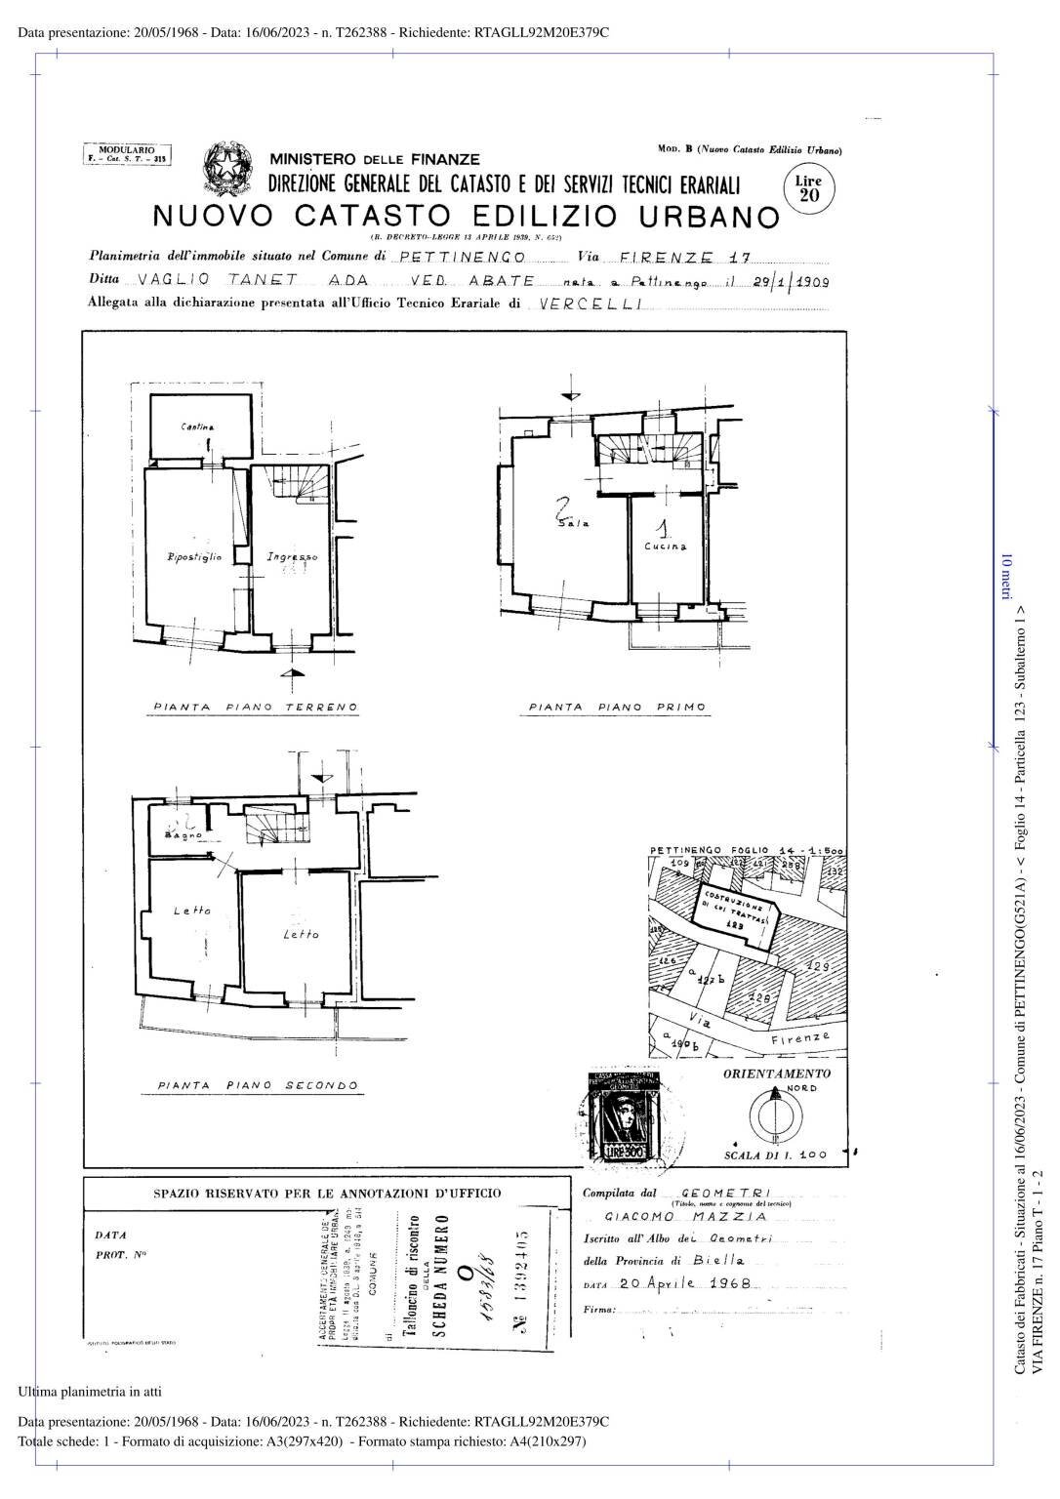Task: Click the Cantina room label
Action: tap(197, 426)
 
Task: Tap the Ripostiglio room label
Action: tap(194, 557)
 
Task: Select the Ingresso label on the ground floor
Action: tap(292, 557)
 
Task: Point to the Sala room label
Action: tap(573, 524)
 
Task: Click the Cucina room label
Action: tap(665, 547)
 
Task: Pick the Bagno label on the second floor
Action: tap(183, 836)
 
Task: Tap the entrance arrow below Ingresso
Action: tap(286, 674)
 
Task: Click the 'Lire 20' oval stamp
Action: tap(809, 187)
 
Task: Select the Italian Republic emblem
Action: tap(227, 169)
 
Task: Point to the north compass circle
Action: tap(776, 1114)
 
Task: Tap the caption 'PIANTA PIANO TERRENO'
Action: tap(256, 707)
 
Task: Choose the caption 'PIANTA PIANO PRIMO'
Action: tap(617, 707)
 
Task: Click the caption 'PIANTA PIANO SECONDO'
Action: tap(258, 1085)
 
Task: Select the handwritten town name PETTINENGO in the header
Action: tap(463, 259)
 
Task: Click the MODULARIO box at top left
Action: tap(128, 153)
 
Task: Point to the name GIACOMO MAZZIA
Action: tap(685, 1217)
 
